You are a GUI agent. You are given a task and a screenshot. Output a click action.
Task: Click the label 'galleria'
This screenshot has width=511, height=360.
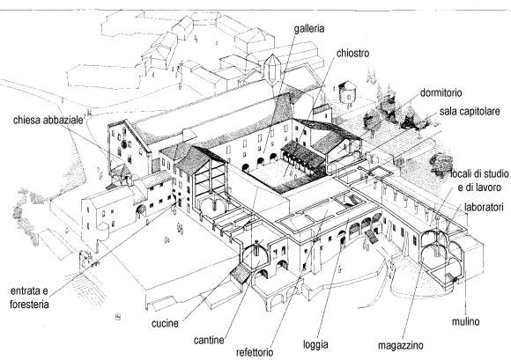point(309,29)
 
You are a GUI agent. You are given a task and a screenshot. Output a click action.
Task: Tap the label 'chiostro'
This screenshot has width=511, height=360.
point(352,53)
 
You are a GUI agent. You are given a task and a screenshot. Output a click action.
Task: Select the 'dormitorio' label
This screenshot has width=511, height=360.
point(441,92)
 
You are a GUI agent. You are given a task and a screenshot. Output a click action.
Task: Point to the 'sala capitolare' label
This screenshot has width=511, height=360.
point(470,111)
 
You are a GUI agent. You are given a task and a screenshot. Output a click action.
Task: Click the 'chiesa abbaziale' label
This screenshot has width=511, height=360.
point(48,120)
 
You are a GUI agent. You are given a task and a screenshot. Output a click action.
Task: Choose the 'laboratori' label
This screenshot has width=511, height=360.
point(484,207)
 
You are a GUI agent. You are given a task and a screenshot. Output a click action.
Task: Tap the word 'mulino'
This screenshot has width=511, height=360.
point(465,321)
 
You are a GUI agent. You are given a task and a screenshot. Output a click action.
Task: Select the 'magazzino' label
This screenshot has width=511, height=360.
point(401,345)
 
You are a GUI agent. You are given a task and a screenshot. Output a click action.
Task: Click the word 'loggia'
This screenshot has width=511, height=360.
point(315,345)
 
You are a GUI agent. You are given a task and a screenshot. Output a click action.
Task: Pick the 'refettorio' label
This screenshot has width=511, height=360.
point(255,352)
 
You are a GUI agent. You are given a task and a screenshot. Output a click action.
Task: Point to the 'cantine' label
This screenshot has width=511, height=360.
point(209,340)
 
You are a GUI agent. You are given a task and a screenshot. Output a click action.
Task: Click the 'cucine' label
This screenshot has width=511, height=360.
point(165,323)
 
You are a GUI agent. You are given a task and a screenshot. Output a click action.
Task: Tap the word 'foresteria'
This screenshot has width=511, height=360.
point(29,305)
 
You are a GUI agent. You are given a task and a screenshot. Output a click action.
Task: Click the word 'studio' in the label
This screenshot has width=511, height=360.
point(495,173)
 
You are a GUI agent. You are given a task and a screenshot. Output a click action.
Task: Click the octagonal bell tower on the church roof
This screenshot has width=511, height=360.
point(271,70)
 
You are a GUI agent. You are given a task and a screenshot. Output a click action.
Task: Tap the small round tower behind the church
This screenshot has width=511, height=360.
point(348,92)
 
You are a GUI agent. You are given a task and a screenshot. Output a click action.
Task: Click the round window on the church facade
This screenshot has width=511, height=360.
point(124,143)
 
